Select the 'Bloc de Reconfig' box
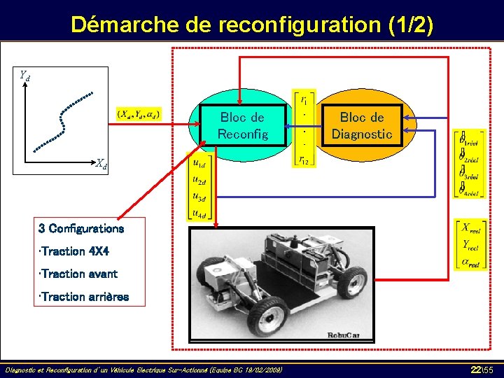click(242, 125)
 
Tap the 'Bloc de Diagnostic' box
click(362, 125)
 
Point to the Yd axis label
click(24, 75)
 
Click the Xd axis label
click(101, 164)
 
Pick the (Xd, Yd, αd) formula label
click(138, 113)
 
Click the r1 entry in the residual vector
click(304, 99)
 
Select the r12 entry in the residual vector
click(304, 160)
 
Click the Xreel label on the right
click(470, 227)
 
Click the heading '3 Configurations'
click(81, 228)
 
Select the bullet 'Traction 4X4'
click(75, 251)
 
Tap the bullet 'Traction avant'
click(79, 274)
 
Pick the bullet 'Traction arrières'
click(84, 297)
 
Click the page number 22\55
click(482, 368)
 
